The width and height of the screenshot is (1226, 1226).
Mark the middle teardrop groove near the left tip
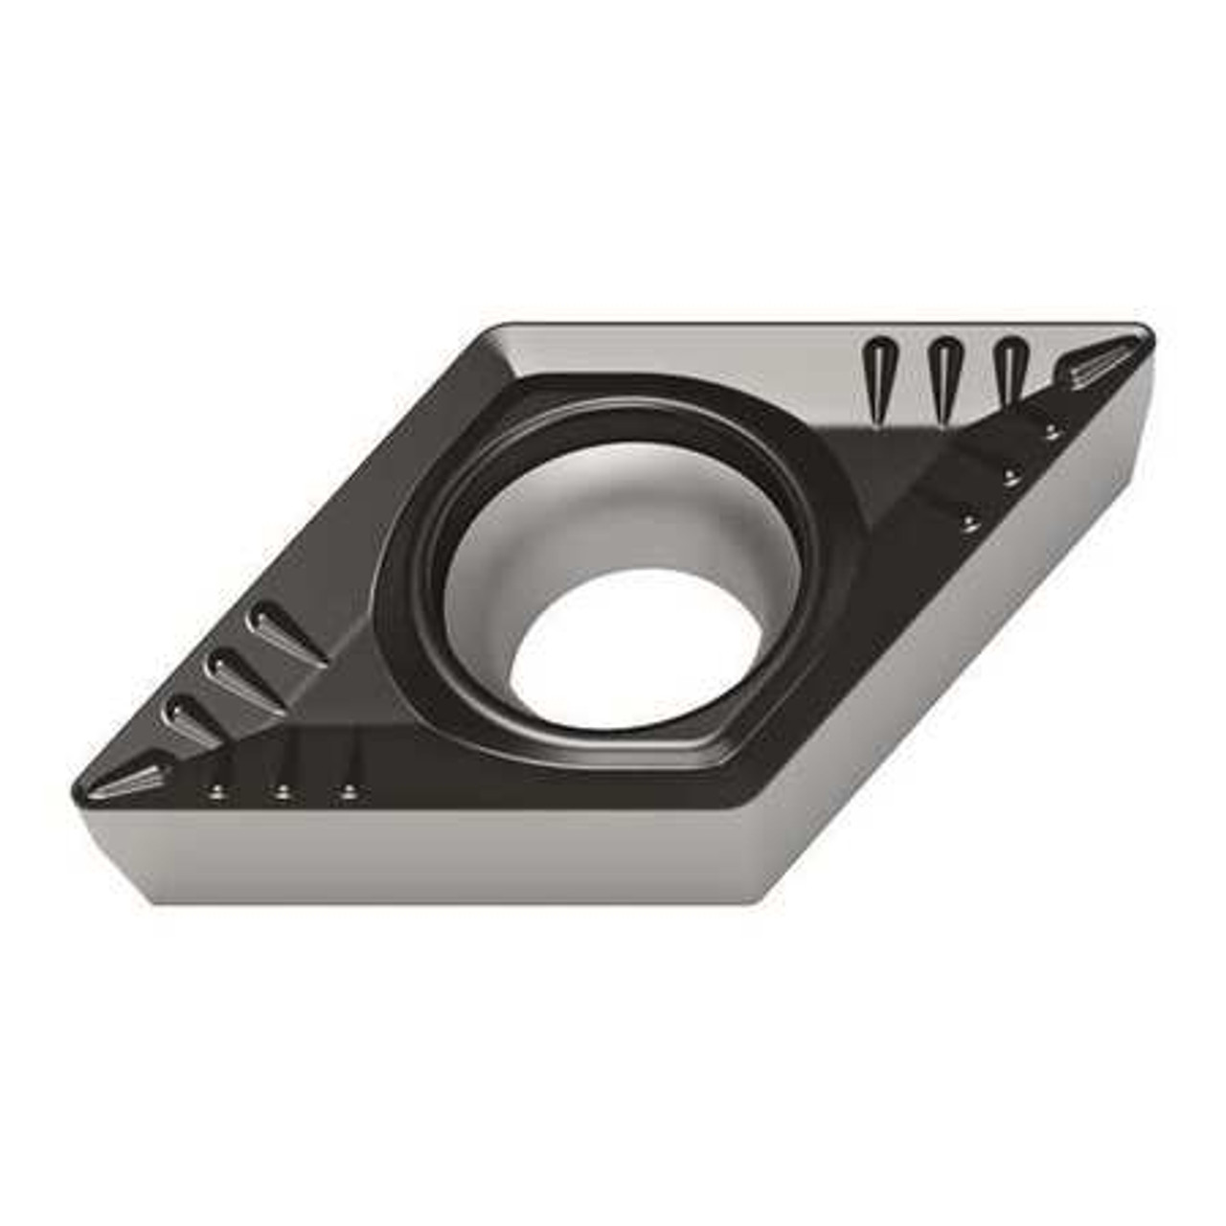(x=239, y=674)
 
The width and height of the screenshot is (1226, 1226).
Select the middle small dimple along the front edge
(x=283, y=791)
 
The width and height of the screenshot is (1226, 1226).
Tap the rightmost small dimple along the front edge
(x=349, y=791)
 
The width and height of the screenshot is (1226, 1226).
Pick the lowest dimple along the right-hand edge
(x=969, y=522)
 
